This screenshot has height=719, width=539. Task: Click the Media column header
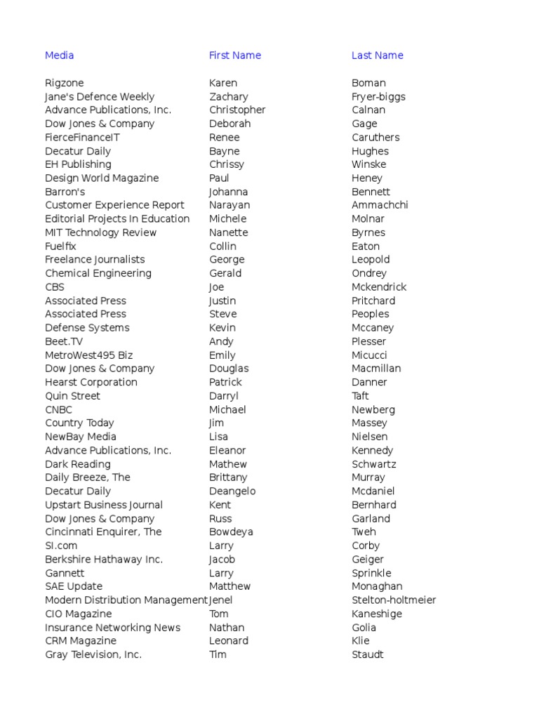59,55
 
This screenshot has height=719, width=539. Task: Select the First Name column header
234,55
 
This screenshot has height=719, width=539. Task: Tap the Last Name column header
377,55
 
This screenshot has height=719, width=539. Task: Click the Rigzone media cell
64,83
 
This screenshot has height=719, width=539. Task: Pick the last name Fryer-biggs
378,97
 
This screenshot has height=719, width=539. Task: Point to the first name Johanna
228,192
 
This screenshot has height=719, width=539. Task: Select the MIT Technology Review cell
100,232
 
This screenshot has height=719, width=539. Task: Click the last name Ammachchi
380,205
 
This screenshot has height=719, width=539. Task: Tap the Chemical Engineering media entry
98,273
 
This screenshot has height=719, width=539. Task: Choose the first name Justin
223,301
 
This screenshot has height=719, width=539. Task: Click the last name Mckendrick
379,287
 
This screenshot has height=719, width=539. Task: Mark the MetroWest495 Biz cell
88,355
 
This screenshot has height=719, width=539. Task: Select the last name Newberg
373,409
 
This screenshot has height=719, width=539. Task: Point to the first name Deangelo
232,492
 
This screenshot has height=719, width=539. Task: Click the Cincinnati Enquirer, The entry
103,532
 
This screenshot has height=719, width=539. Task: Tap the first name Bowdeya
231,532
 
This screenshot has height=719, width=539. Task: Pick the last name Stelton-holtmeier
393,600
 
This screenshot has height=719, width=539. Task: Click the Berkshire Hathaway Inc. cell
103,560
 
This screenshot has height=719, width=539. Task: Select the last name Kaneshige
378,614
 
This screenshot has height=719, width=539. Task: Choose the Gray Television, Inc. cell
93,654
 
